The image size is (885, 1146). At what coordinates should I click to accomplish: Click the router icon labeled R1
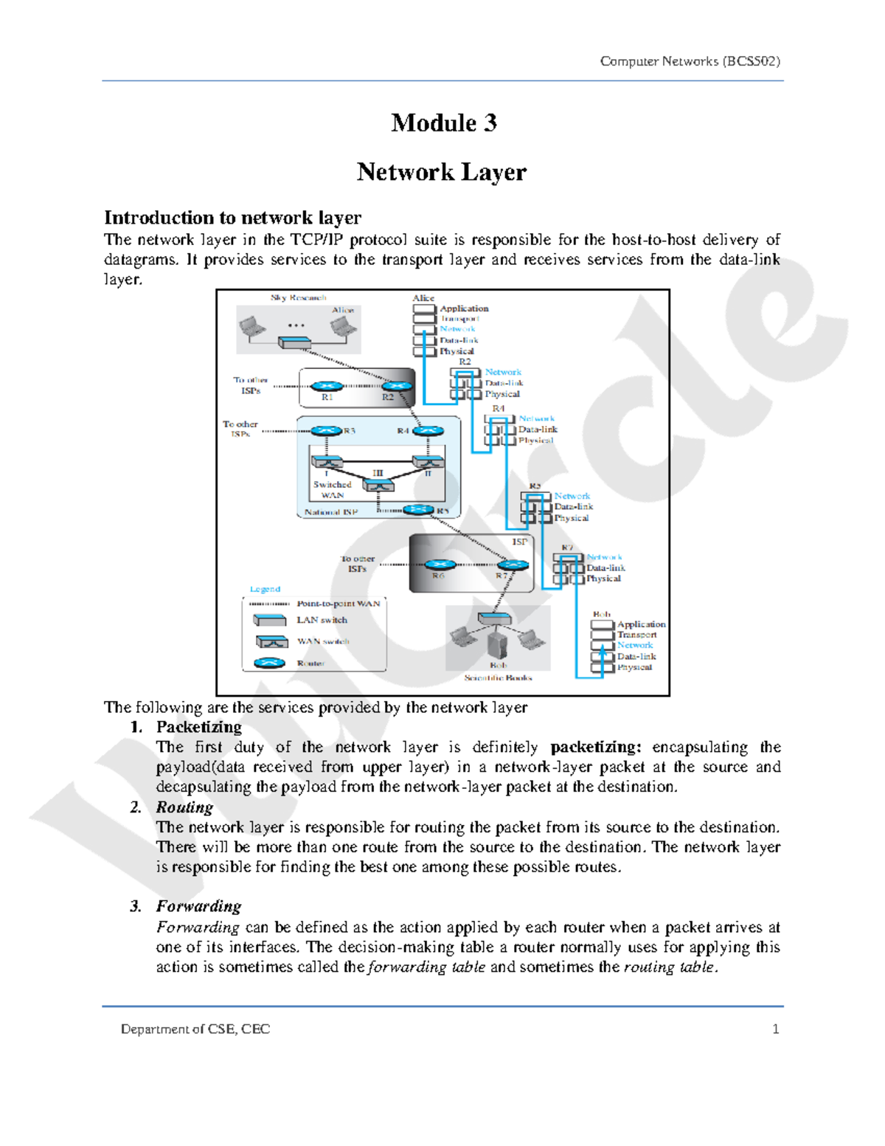[x=326, y=386]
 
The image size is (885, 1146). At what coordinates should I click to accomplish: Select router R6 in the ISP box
[x=440, y=565]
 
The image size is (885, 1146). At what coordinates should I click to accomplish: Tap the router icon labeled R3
[x=326, y=431]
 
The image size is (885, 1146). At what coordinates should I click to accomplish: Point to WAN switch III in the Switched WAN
[x=378, y=485]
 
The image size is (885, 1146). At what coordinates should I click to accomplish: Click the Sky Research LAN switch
[x=294, y=342]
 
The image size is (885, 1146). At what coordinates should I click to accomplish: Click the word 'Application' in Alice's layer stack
[x=464, y=308]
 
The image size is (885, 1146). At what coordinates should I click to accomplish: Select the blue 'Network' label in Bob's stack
[x=635, y=645]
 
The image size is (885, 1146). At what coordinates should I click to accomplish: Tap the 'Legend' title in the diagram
[x=265, y=589]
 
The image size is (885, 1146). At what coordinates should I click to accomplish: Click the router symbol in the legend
[x=269, y=663]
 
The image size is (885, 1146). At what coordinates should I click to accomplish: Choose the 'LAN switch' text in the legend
[x=322, y=620]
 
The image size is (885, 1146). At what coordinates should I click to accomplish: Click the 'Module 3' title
[x=443, y=122]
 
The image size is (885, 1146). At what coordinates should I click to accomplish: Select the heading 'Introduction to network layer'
[x=232, y=218]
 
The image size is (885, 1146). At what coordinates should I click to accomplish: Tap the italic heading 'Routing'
[x=184, y=807]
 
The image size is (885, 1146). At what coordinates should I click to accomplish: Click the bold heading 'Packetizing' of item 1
[x=198, y=727]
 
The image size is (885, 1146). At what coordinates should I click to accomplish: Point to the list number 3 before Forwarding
[x=135, y=906]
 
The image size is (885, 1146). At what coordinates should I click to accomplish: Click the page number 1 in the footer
[x=775, y=1029]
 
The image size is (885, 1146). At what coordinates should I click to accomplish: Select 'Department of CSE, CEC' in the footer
[x=195, y=1029]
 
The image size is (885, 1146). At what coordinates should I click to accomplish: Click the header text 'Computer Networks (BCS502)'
[x=690, y=61]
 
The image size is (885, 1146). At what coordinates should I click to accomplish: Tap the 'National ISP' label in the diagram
[x=331, y=511]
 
